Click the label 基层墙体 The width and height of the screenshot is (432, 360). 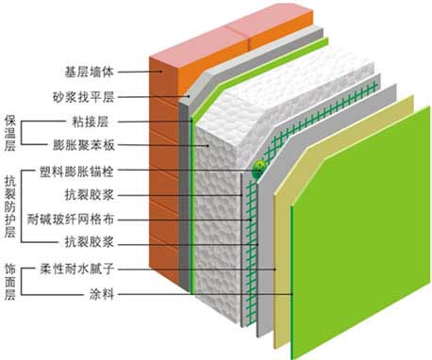point(90,71)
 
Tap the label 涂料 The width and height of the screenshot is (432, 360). point(100,293)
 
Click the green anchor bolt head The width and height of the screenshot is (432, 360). point(257,168)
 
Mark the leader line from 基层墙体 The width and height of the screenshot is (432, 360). point(137,71)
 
